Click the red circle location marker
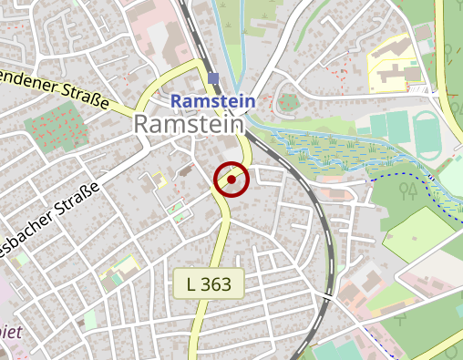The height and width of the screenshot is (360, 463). (231, 180)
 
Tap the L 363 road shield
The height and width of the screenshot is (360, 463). (209, 283)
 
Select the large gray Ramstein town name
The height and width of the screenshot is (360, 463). (190, 126)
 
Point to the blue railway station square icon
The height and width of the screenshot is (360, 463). (213, 78)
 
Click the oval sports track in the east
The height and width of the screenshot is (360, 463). (427, 132)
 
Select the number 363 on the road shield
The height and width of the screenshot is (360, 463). (219, 283)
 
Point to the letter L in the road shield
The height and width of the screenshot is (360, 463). (191, 283)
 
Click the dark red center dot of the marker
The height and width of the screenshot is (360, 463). (231, 180)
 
